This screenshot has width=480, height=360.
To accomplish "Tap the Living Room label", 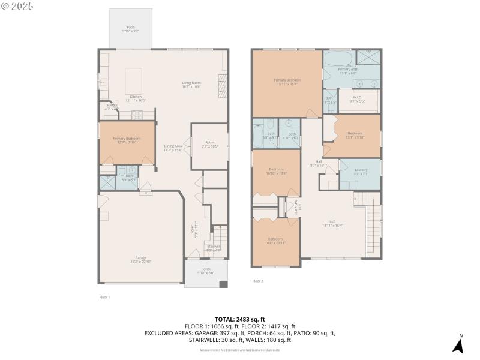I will click(x=191, y=85).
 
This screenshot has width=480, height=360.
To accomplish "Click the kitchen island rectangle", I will click(x=134, y=78).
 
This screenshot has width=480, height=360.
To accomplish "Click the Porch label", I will click(x=205, y=271).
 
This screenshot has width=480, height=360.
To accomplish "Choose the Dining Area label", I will click(x=173, y=148).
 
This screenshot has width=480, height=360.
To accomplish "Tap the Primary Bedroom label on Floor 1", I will click(x=127, y=140).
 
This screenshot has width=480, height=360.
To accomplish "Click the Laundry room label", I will click(x=361, y=172).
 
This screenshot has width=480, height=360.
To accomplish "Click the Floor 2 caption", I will click(x=257, y=281).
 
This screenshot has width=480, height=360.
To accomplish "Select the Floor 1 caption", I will click(x=104, y=297).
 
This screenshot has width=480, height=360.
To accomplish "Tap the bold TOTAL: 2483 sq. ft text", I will click(x=239, y=319).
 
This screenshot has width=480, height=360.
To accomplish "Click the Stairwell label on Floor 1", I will click(x=214, y=247).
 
